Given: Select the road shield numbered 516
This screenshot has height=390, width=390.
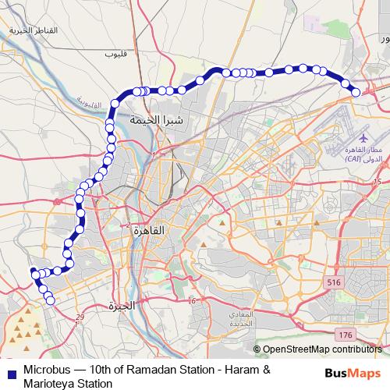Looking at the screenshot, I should (x=335, y=282).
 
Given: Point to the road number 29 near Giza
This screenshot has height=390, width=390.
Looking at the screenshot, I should (x=80, y=316).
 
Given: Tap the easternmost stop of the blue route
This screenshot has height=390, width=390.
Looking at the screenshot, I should (x=356, y=92).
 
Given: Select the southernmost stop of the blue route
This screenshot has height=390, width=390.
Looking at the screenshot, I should (x=51, y=300).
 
